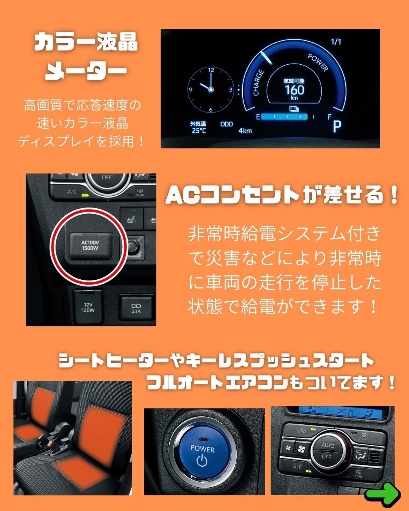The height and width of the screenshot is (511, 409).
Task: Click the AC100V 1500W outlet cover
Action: (90, 246)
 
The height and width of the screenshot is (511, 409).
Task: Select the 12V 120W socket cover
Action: (88, 307)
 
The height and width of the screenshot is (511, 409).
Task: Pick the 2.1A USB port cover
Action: (136, 308)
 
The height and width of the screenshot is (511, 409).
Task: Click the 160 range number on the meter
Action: (295, 90)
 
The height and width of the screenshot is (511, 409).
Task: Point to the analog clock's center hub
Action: (211, 90)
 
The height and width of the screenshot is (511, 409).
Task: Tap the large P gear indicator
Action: (337, 126)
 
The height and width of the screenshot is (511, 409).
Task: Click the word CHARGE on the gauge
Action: (258, 83)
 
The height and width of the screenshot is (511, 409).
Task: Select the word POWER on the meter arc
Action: (318, 62)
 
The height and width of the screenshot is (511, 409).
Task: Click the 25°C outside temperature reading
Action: (199, 131)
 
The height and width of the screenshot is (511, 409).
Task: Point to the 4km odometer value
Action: (245, 131)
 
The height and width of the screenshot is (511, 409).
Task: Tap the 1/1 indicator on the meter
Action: (336, 42)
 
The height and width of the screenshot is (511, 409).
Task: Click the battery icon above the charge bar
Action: (294, 109)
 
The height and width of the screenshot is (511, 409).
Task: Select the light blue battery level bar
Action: (284, 117)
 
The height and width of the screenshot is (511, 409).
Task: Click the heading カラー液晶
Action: (86, 42)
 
